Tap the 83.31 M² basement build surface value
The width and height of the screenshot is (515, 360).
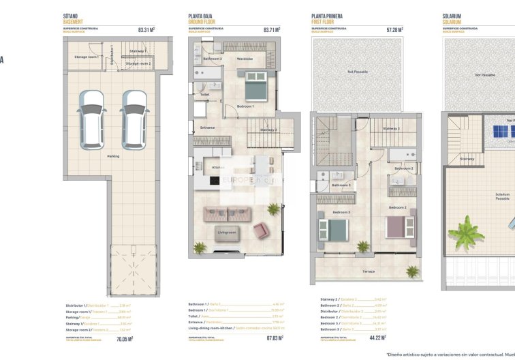[146, 30]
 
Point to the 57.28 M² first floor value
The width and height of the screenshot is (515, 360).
[395, 30]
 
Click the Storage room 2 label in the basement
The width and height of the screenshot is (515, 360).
[138, 63]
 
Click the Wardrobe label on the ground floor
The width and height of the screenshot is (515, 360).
[245, 59]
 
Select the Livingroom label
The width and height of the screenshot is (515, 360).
[226, 232]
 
